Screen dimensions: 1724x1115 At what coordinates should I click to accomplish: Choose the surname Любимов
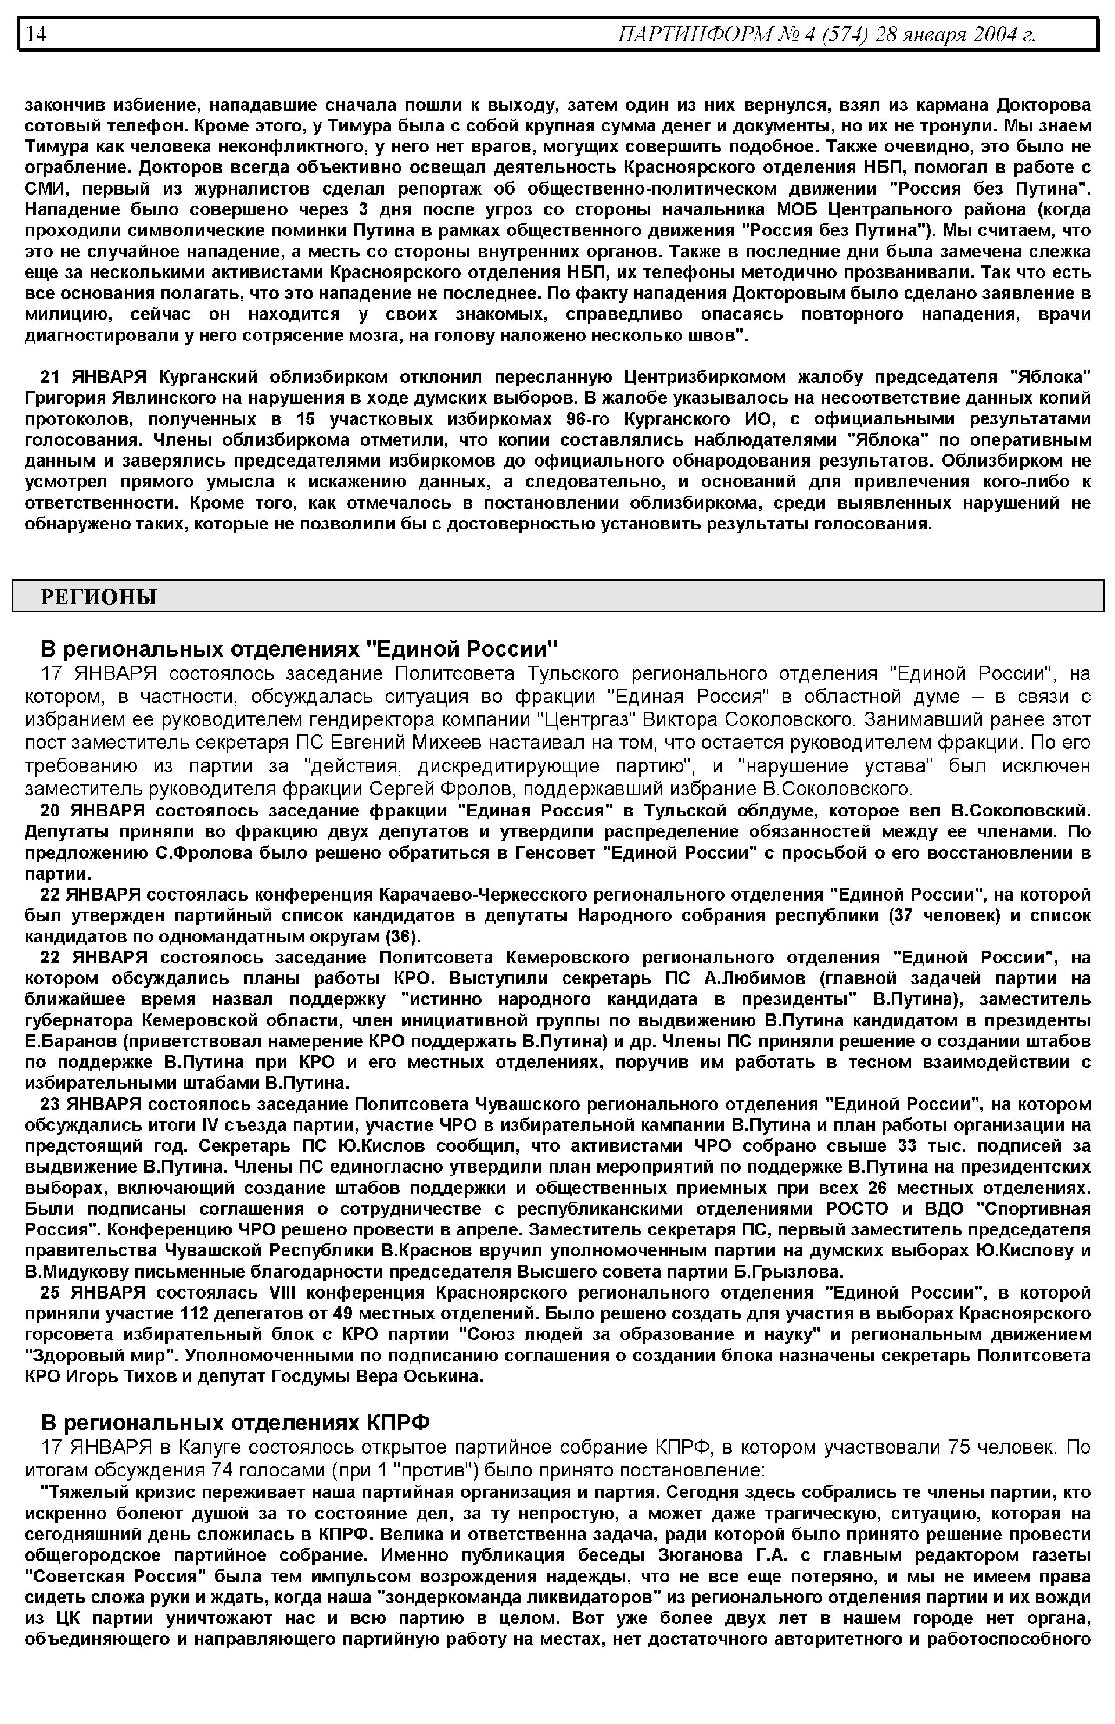pyautogui.click(x=754, y=979)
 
